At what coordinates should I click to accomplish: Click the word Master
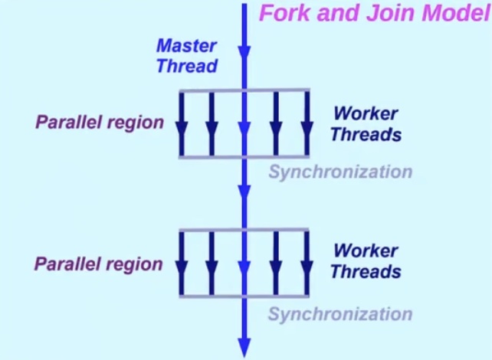click(186, 46)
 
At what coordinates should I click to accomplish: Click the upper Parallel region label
click(99, 123)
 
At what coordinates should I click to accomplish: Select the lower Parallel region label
click(99, 264)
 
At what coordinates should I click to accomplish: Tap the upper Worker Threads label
click(366, 124)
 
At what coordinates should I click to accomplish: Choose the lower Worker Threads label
click(366, 261)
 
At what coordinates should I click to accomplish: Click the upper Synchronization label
click(339, 172)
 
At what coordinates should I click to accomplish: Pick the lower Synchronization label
click(339, 314)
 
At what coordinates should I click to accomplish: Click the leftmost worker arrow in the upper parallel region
click(182, 123)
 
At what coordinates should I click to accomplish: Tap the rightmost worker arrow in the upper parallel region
click(307, 123)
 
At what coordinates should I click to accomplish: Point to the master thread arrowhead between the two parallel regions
click(244, 190)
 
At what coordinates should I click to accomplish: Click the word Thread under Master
click(186, 66)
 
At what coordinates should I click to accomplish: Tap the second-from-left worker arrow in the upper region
click(212, 123)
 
